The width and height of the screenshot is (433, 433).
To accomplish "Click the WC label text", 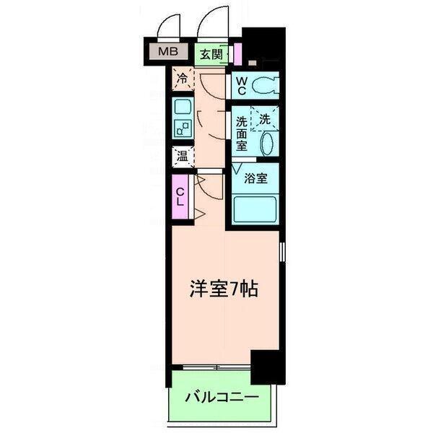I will (240, 86).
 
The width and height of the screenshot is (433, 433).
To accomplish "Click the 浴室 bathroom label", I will (255, 178).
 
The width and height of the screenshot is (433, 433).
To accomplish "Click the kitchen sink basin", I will (180, 109).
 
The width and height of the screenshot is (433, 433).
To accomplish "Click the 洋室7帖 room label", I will (223, 289).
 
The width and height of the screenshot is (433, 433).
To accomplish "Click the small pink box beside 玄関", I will (236, 54).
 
